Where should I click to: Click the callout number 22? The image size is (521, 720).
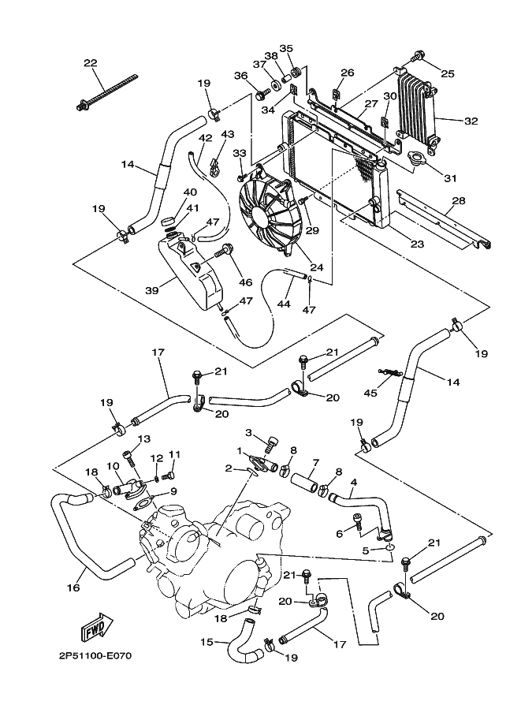90,63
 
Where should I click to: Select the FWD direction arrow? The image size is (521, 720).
95,629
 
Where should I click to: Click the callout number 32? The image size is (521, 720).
471,121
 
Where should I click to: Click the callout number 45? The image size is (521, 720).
370,392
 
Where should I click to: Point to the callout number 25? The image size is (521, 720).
448,73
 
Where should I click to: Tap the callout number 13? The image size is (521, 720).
144,439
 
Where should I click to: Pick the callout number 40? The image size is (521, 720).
190,192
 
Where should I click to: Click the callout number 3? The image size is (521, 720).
248,432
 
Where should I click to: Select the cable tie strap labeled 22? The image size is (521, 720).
106,92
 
